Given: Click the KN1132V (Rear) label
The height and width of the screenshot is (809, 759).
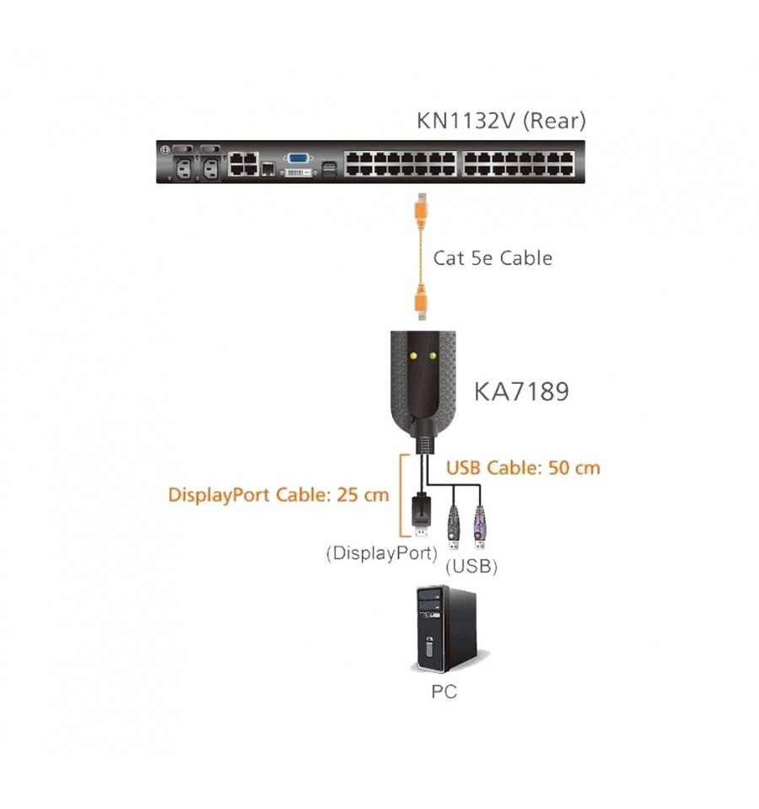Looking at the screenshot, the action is (501, 121).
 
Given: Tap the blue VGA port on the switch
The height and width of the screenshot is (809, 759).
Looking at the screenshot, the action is (297, 159).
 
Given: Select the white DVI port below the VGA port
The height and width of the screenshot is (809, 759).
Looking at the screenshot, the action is (298, 171).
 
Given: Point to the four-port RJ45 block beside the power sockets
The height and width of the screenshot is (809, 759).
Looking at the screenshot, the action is (244, 164).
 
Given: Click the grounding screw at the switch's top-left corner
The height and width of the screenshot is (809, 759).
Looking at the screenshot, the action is (165, 149).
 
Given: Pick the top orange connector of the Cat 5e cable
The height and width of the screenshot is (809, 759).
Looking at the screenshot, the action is (422, 211).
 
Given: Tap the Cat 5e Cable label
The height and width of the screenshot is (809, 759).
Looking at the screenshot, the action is (493, 258).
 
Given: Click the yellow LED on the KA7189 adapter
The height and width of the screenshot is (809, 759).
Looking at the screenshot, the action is (413, 355).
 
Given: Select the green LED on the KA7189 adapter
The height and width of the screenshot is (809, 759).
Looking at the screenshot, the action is (432, 355).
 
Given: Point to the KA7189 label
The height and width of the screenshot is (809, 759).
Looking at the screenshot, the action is (521, 391).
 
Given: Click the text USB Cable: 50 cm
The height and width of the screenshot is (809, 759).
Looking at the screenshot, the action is (523, 468).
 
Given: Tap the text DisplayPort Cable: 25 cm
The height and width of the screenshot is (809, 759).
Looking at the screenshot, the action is (278, 495).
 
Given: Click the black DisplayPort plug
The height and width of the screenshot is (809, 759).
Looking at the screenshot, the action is (421, 515).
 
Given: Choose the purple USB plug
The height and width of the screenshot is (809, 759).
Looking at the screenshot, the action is (480, 527).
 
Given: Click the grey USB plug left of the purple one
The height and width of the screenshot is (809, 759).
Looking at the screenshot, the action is (454, 527).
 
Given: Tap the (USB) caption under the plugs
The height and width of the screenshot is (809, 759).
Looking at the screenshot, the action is (471, 566).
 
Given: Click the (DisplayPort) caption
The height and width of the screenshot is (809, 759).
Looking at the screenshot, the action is (381, 553).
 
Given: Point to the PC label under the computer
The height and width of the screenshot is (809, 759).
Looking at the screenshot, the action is (444, 692).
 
